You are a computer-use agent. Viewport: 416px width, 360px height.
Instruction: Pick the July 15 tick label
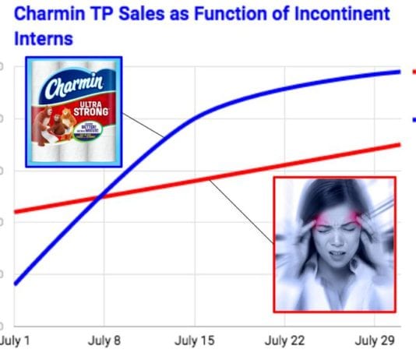point(195,341)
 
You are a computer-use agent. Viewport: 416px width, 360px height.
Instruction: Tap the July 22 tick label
point(286,341)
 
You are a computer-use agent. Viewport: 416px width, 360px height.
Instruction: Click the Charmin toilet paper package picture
point(73,111)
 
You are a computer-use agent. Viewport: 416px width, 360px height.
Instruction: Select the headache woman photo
point(335,243)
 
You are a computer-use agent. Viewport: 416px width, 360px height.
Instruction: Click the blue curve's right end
point(400,72)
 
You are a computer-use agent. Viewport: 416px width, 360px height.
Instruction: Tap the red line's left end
point(16,211)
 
